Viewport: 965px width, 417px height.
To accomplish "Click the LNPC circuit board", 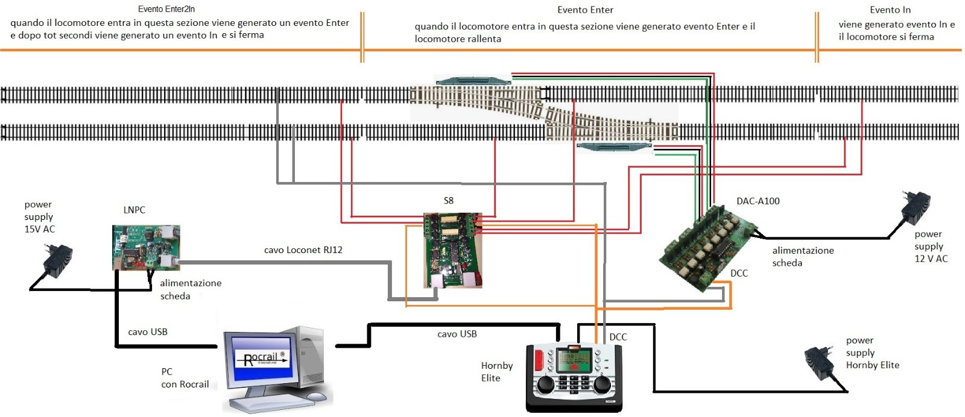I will pos(145,247).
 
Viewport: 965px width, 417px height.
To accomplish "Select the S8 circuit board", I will pos(452,249).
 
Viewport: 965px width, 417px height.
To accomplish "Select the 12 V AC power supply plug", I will pos(916,208).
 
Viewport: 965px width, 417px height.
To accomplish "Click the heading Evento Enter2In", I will pos(166,9).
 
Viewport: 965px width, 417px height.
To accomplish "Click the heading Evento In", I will pos(890,10).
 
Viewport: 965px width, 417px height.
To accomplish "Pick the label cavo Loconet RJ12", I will pos(303,249).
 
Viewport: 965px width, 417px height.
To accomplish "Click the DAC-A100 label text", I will pos(758,201).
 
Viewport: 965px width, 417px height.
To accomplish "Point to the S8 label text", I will pos(448,200).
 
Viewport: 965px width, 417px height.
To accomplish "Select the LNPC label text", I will pos(134,210).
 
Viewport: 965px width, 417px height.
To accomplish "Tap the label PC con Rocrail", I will pos(185,378).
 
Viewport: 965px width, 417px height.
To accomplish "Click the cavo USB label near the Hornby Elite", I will pos(457,333).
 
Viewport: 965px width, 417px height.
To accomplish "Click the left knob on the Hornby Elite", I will pos(545,384).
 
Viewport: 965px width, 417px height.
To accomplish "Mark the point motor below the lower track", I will pos(614,146).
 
